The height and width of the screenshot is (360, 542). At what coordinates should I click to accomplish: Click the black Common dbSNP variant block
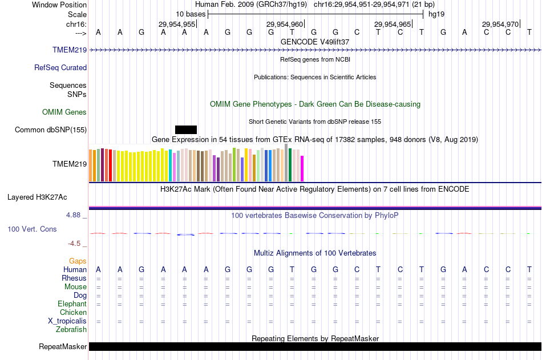point(186,130)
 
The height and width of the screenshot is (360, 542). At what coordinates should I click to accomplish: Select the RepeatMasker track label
point(63,347)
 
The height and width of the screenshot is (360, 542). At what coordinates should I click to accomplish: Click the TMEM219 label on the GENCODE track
point(70,50)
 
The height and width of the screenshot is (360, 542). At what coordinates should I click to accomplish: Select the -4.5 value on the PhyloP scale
point(75,244)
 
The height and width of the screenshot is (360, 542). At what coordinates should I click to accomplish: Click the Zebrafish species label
point(71,330)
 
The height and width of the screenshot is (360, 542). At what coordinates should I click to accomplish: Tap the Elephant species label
point(72,304)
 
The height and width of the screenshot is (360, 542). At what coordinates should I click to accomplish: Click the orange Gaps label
point(78,261)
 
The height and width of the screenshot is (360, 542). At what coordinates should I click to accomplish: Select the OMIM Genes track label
point(64,112)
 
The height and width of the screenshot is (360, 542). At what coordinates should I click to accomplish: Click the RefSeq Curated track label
point(60,68)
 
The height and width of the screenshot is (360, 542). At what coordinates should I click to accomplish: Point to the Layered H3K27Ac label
point(37,198)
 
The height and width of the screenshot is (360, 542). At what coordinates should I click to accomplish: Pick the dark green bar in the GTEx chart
point(290,165)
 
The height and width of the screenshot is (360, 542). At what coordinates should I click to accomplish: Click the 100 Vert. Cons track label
point(32,229)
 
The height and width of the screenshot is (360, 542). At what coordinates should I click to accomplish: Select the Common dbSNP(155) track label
point(51,130)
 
